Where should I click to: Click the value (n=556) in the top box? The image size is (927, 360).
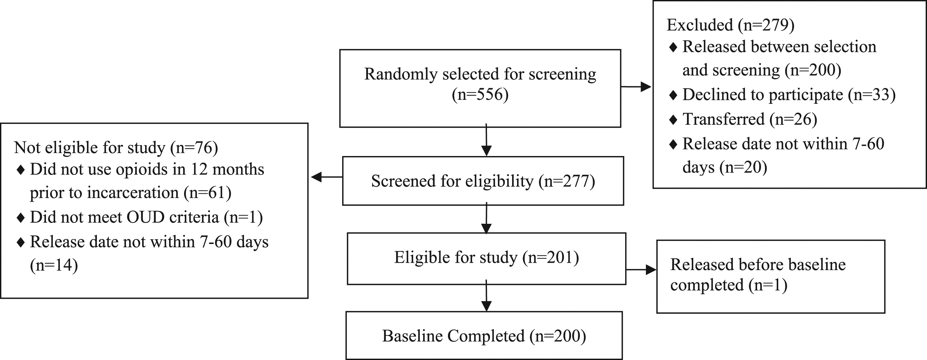coord(480,94)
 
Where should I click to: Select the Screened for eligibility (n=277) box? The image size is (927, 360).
coord(483,181)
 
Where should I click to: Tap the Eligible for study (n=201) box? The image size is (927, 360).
coord(487,259)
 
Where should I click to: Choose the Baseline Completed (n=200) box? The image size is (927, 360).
coord(484,336)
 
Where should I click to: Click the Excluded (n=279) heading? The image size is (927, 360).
coord(731,25)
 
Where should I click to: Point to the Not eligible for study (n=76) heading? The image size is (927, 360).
coord(116,147)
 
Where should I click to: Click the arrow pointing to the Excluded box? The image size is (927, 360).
coord(636,87)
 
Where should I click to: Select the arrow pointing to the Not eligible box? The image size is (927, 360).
coord(326,177)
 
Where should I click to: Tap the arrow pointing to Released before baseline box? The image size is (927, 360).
coord(641,270)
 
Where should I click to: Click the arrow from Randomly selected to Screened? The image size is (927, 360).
coord(487,140)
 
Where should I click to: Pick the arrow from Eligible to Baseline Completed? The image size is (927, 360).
coord(487,296)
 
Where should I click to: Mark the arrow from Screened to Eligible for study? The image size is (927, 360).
coord(487,218)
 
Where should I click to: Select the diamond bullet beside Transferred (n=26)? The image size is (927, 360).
coord(673,120)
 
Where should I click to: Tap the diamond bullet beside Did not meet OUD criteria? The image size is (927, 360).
coord(20,218)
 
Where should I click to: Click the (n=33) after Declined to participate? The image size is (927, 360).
coord(871,95)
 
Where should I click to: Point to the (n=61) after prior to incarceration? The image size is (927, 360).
coord(207,193)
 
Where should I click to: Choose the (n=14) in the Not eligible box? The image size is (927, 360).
coord(54,265)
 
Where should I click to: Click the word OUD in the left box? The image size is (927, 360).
coord(145,217)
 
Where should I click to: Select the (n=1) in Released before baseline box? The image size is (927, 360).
coord(768,285)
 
